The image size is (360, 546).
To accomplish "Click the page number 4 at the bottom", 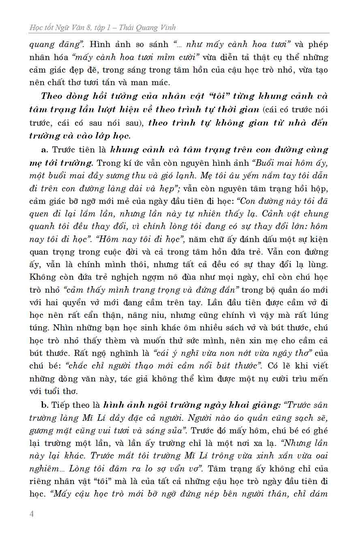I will [32, 514].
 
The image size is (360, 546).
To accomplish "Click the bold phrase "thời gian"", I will [237, 109].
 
